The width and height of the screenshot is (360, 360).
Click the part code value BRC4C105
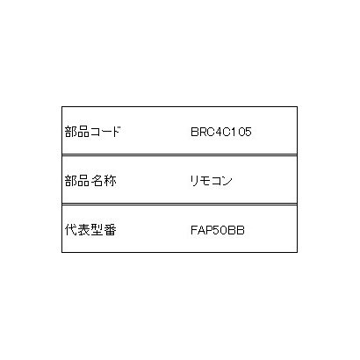(x=221, y=132)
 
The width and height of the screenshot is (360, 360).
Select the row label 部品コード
(x=93, y=132)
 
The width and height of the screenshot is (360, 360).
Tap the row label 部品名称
(x=90, y=181)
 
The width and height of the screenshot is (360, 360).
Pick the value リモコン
(x=212, y=181)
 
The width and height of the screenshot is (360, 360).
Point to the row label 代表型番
(x=90, y=230)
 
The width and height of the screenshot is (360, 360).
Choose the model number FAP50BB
(x=218, y=230)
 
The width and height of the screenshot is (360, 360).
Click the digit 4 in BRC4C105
(x=218, y=132)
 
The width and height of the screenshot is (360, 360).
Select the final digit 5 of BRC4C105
(x=248, y=132)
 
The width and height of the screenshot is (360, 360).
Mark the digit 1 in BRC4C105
(x=233, y=132)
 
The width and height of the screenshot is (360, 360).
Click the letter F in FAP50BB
(x=194, y=230)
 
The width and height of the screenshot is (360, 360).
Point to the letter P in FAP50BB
(x=209, y=230)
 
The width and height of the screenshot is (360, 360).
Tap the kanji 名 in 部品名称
(x=97, y=181)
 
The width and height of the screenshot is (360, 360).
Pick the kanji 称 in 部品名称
(x=110, y=181)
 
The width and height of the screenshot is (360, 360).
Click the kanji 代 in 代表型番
(x=71, y=230)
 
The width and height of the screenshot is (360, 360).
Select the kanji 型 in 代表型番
(x=97, y=230)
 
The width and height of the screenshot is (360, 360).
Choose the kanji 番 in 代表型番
(x=110, y=230)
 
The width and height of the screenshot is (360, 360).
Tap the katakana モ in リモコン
(x=205, y=181)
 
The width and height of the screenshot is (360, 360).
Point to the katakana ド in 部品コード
(x=116, y=132)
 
